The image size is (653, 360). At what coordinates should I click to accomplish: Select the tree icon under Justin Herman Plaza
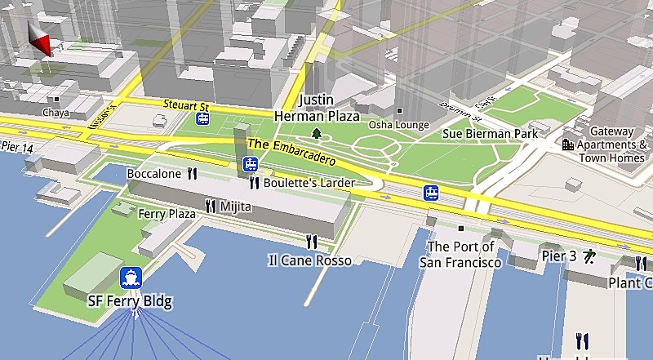click(317, 133)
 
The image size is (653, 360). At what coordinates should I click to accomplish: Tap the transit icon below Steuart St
click(202, 120)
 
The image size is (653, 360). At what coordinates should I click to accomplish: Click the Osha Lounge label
click(398, 125)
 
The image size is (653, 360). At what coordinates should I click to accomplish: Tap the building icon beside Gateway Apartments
click(568, 144)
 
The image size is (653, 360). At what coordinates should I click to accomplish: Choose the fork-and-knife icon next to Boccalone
click(193, 173)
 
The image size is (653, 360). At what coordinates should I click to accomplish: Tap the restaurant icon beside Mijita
click(211, 207)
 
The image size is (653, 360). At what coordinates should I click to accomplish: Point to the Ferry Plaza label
click(167, 214)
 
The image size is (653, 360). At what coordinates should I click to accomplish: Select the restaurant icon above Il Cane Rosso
click(311, 242)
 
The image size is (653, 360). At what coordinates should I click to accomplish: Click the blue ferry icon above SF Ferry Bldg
click(131, 278)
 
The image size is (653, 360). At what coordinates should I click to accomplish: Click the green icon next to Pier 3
click(589, 256)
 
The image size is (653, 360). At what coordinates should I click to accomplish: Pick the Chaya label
click(56, 113)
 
